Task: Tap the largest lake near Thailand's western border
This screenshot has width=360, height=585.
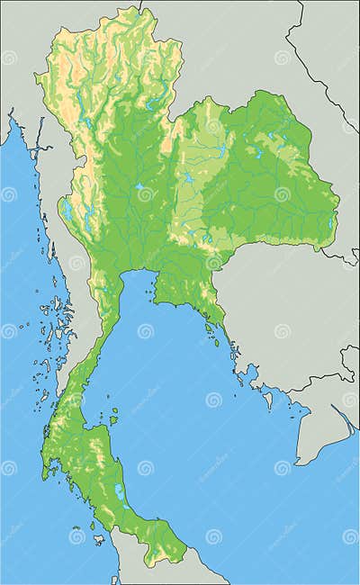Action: (67, 211)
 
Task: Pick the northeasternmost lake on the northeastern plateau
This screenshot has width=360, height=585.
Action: (271, 138)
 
